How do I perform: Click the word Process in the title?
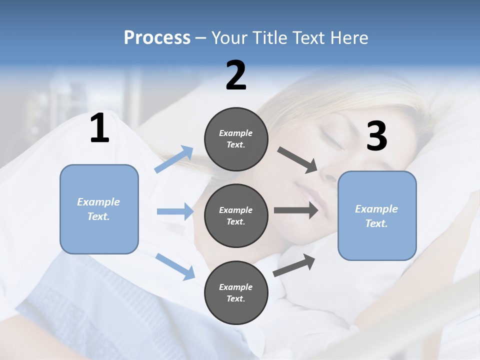[157, 37]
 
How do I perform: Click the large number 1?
[99, 129]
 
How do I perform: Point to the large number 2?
[236, 76]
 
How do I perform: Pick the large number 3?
[376, 137]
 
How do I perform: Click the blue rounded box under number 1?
[99, 209]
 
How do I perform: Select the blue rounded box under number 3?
[377, 215]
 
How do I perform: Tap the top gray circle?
[236, 139]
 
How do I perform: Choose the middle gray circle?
[236, 215]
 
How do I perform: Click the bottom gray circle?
[236, 292]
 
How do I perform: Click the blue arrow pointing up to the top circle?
[174, 159]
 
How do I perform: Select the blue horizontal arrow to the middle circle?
[175, 211]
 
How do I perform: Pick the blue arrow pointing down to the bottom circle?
[175, 266]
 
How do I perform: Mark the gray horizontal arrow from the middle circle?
[296, 210]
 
